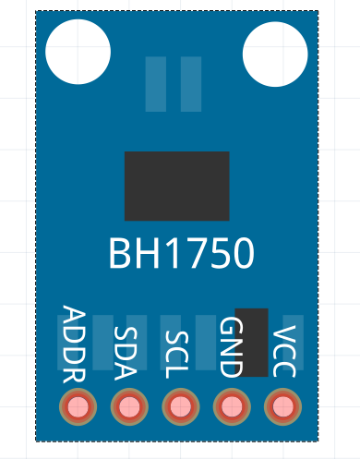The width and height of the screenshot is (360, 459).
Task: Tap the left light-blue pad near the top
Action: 156,84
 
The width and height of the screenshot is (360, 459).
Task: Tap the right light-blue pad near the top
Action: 191,84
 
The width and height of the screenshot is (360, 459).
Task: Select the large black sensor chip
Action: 176,186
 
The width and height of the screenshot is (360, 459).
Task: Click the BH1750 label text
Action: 181,253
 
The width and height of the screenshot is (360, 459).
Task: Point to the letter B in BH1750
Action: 121,253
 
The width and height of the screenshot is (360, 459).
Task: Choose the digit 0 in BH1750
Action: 241,253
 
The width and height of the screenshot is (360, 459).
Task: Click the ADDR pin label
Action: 74,345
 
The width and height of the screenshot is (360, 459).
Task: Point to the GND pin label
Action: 230,347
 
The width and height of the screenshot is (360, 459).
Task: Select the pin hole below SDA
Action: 128,406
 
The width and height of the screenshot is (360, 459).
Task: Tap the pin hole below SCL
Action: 180,406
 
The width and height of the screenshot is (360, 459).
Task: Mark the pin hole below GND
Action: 231,406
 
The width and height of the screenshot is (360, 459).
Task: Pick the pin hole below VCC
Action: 282,406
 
